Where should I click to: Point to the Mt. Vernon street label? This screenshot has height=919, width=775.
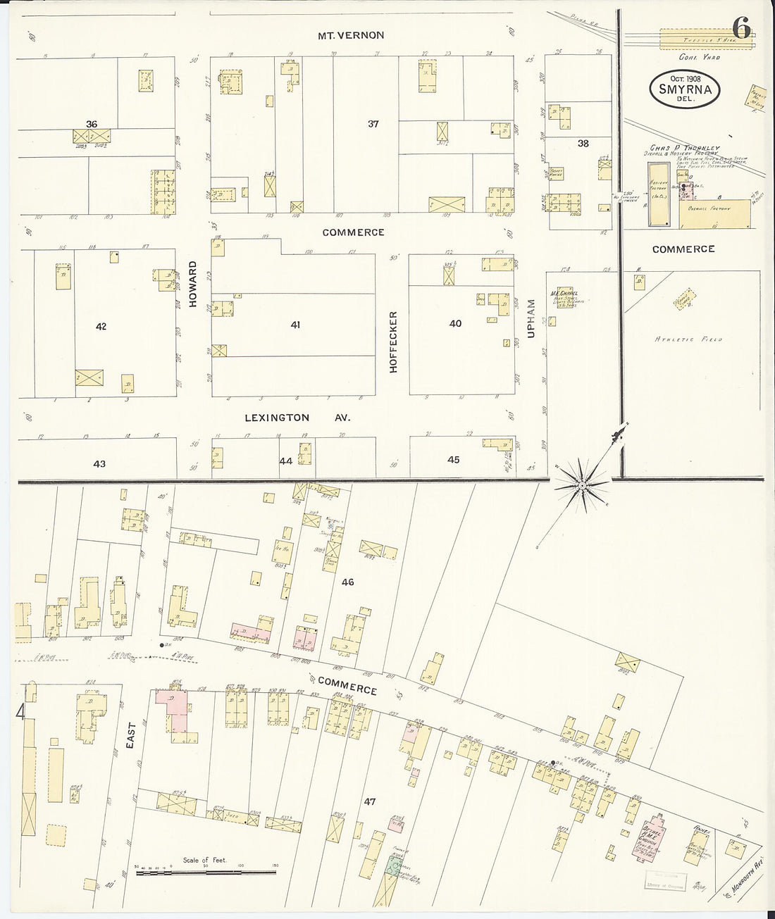(350, 35)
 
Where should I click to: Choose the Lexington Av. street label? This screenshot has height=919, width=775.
(297, 418)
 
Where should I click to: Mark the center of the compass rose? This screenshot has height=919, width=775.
(583, 485)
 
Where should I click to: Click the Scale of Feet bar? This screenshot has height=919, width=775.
(204, 873)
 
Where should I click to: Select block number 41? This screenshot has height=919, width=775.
(295, 325)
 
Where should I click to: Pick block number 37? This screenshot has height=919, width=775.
(373, 124)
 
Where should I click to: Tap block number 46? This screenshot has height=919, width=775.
(347, 582)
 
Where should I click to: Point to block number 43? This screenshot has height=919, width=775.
(99, 463)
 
